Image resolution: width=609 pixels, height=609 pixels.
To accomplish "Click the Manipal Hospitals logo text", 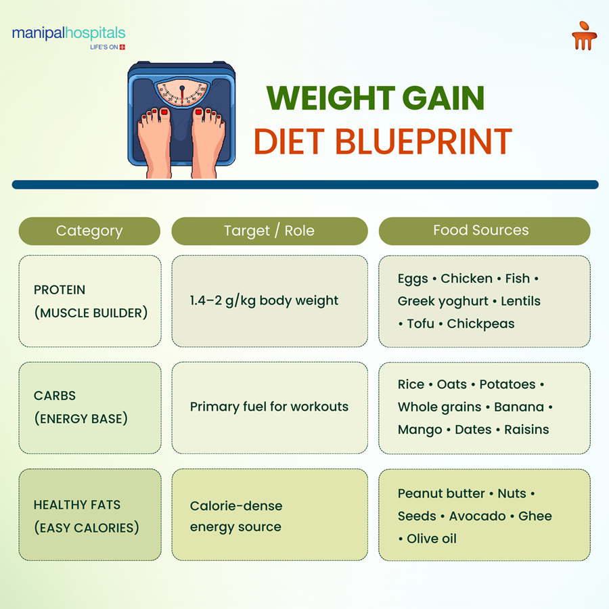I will pos(68,33).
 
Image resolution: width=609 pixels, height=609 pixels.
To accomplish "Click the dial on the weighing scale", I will pos(181,91).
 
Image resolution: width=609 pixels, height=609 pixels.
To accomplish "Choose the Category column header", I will pos(89,231).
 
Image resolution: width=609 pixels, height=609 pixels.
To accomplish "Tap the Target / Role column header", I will pos(269,231).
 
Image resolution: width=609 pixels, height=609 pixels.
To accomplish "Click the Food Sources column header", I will pos(481,231).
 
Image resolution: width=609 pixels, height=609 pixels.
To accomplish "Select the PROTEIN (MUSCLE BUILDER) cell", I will pos(90,301).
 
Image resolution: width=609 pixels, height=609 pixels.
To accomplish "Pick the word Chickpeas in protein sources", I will pos(480,323).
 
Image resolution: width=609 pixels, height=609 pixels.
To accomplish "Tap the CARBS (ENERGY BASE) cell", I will pos(90,407).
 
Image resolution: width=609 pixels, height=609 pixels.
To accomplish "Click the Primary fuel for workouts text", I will pos(269,407).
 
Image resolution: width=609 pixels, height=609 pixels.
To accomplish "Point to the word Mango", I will pos(420,430).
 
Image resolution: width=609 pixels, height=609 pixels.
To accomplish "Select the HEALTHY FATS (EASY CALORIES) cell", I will pos(90,516).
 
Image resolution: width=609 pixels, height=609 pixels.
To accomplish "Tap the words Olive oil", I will pos(432,539).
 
